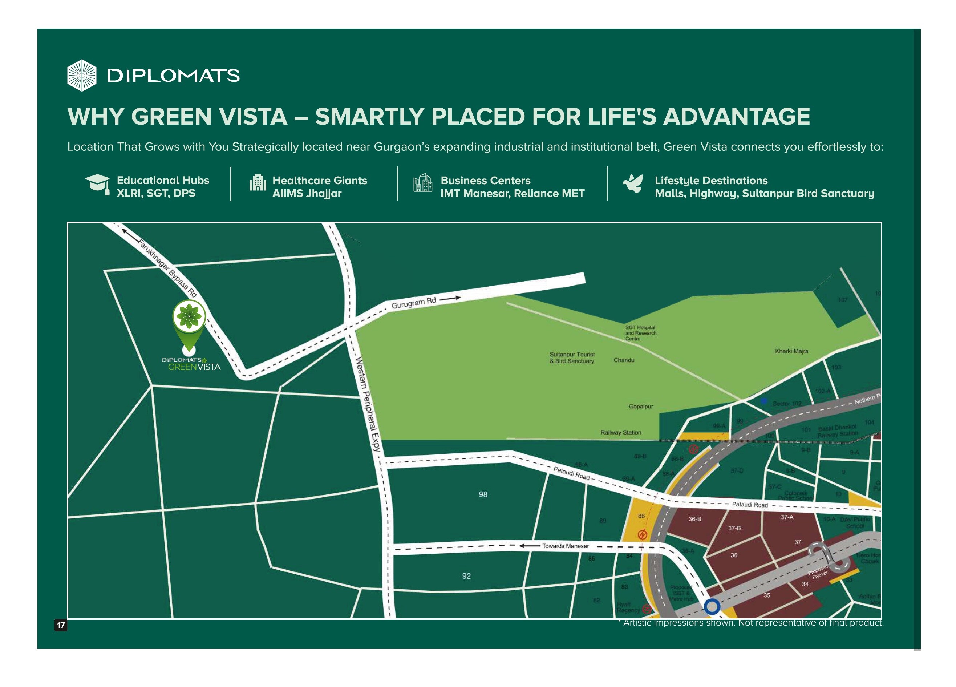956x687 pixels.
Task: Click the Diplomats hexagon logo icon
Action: (82, 76)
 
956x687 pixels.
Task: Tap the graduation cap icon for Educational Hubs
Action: (97, 184)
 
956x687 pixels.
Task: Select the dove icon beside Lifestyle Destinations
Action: (633, 184)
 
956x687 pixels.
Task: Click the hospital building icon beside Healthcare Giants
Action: (258, 183)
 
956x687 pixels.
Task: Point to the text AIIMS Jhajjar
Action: (307, 194)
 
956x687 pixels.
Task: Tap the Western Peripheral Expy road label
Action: (369, 404)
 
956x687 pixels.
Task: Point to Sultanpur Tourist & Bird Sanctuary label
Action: (572, 357)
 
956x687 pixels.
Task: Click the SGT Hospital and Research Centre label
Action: (640, 333)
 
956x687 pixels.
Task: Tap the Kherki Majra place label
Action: (791, 351)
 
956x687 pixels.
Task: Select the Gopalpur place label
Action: (640, 407)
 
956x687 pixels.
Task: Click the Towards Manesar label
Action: (565, 546)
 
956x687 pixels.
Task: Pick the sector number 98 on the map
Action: (483, 494)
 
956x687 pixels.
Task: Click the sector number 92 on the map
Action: (466, 576)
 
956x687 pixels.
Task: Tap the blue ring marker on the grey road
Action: (712, 607)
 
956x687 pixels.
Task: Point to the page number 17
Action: (61, 625)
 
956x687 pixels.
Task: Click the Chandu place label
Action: (624, 360)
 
